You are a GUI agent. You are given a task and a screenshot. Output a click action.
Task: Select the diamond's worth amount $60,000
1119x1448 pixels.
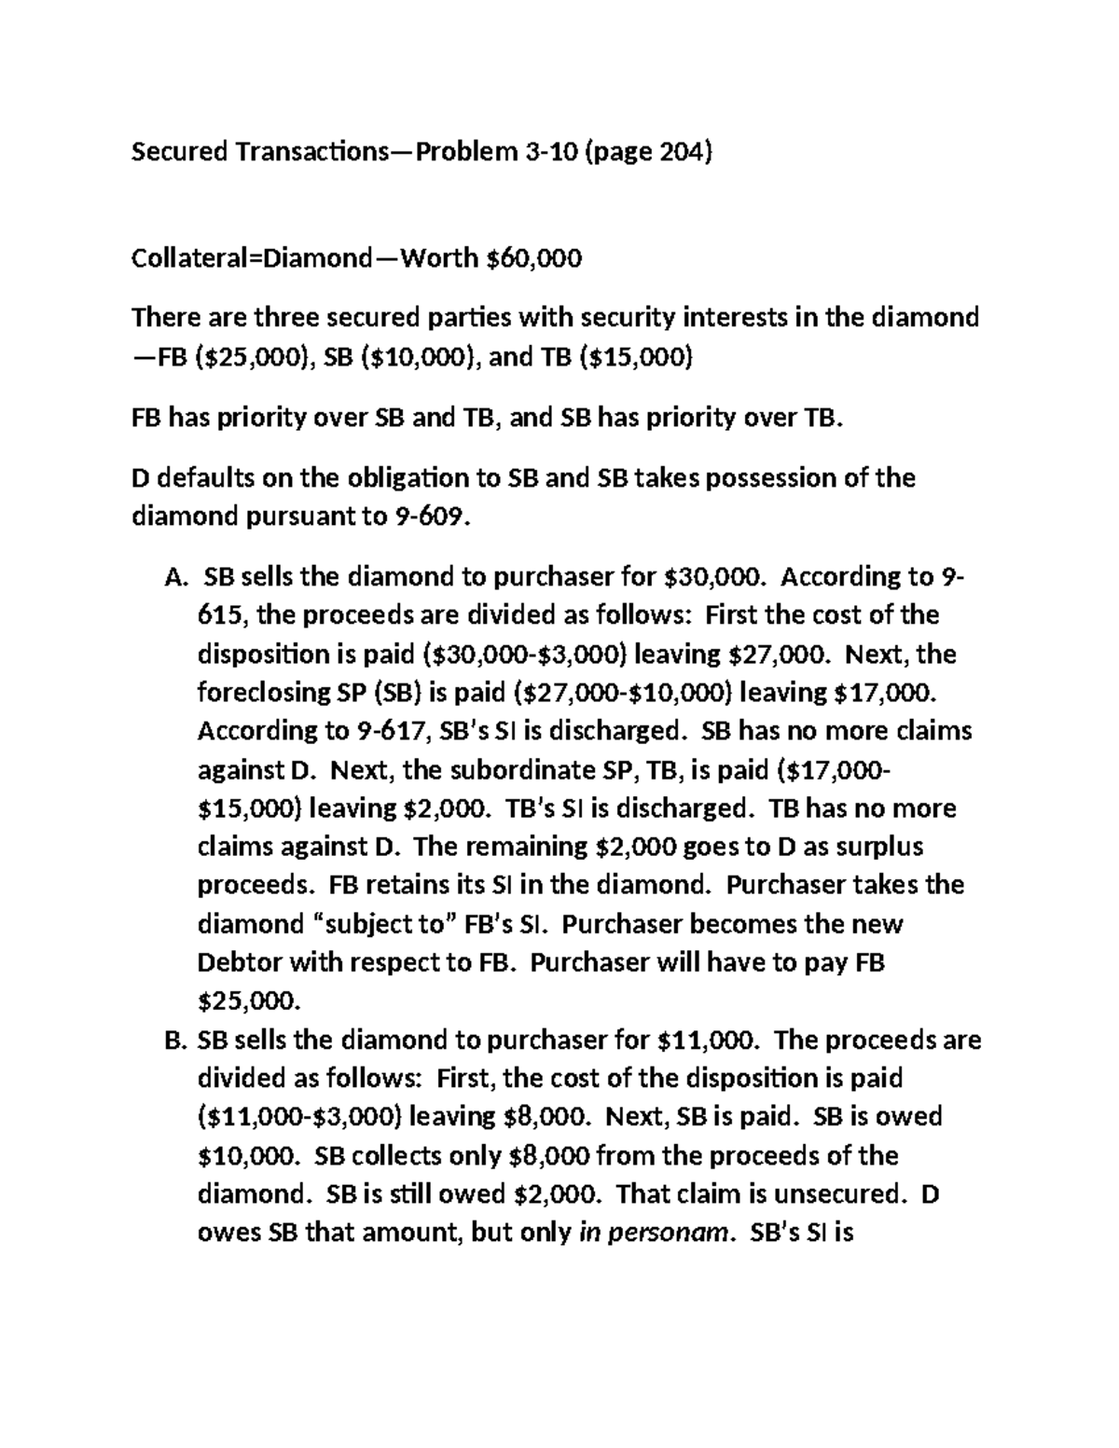(x=533, y=257)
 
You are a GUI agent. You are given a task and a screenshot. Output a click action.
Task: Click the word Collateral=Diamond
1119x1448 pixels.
(x=251, y=257)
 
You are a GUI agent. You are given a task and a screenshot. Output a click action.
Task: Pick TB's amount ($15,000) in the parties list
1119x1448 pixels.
(x=636, y=357)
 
